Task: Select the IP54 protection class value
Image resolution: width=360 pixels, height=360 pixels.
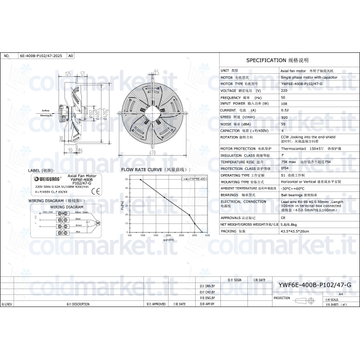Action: (285, 168)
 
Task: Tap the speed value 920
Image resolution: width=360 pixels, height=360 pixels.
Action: (285, 117)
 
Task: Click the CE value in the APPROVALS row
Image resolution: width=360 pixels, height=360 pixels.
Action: (283, 217)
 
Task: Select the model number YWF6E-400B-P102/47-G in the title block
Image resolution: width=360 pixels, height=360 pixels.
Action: (314, 286)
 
